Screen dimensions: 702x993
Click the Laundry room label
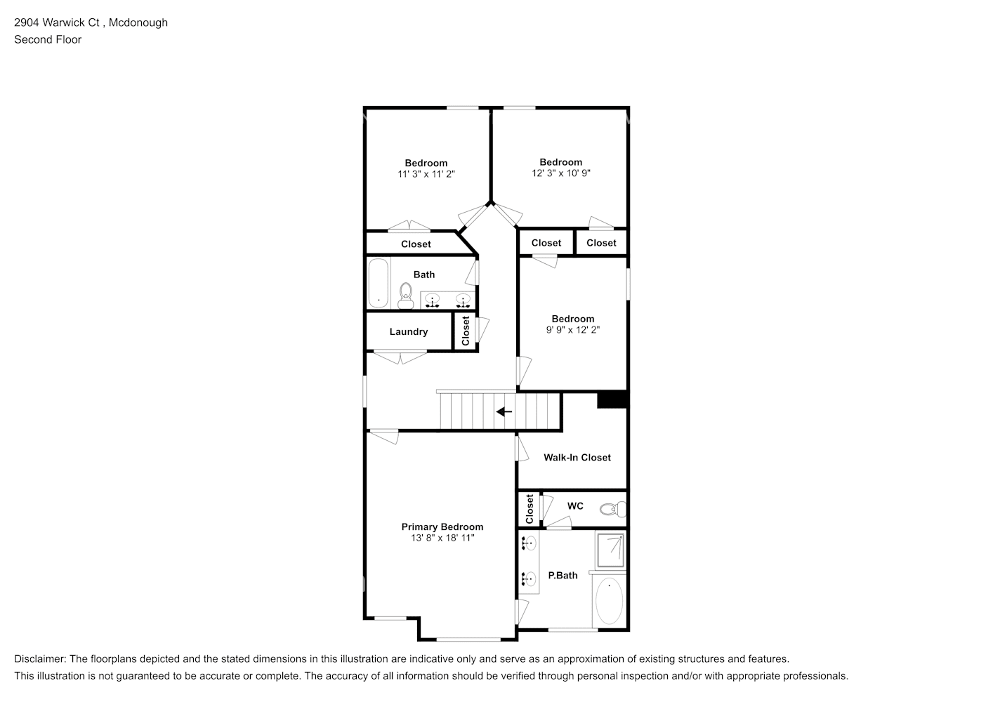point(408,332)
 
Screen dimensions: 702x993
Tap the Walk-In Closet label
point(577,458)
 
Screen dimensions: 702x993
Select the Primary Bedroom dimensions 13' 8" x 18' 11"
point(442,538)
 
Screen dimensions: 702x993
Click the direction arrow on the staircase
point(504,412)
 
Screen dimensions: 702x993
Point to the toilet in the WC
point(614,508)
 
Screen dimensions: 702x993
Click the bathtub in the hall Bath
point(379,284)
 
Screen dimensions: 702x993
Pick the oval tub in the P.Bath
point(609,601)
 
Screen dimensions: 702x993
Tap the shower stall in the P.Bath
point(610,550)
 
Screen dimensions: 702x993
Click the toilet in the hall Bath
point(405,296)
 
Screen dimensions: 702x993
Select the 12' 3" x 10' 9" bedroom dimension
point(560,173)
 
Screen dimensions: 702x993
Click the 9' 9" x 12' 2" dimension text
point(572,329)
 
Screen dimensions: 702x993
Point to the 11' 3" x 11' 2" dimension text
point(426,174)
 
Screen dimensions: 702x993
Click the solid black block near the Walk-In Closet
point(612,399)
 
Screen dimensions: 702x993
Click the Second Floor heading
point(48,39)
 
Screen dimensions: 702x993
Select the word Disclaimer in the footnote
point(39,659)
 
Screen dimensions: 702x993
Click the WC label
point(575,506)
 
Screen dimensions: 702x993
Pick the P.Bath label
point(563,576)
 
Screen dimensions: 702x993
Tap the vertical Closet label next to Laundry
point(465,331)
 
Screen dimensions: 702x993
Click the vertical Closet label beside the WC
point(530,508)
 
